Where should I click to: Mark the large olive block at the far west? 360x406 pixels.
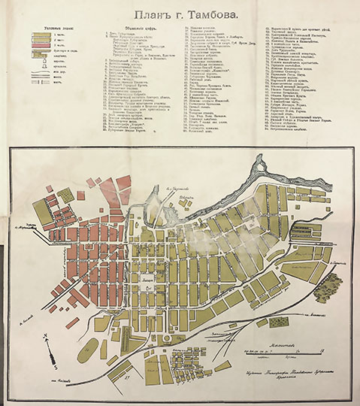pos(44,212)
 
